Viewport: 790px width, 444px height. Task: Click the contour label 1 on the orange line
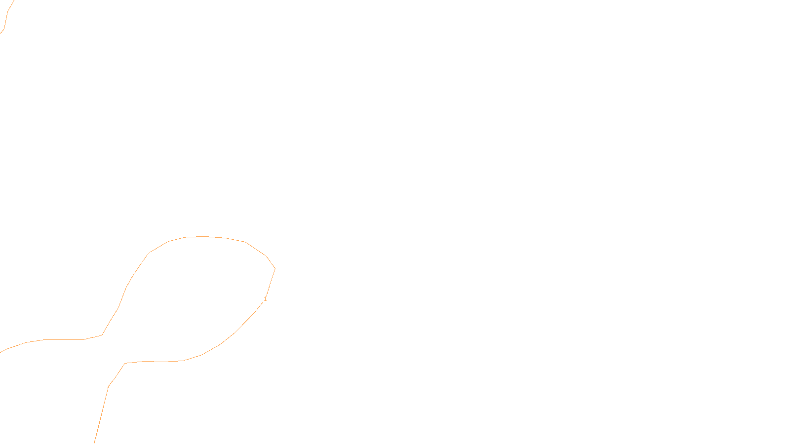(x=265, y=299)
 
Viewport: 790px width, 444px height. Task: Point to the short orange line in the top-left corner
(x=7, y=15)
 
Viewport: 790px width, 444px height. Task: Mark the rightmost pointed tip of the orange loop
(x=275, y=269)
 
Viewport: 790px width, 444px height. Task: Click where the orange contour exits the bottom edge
(x=94, y=443)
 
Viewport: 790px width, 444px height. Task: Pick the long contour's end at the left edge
(x=1, y=352)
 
